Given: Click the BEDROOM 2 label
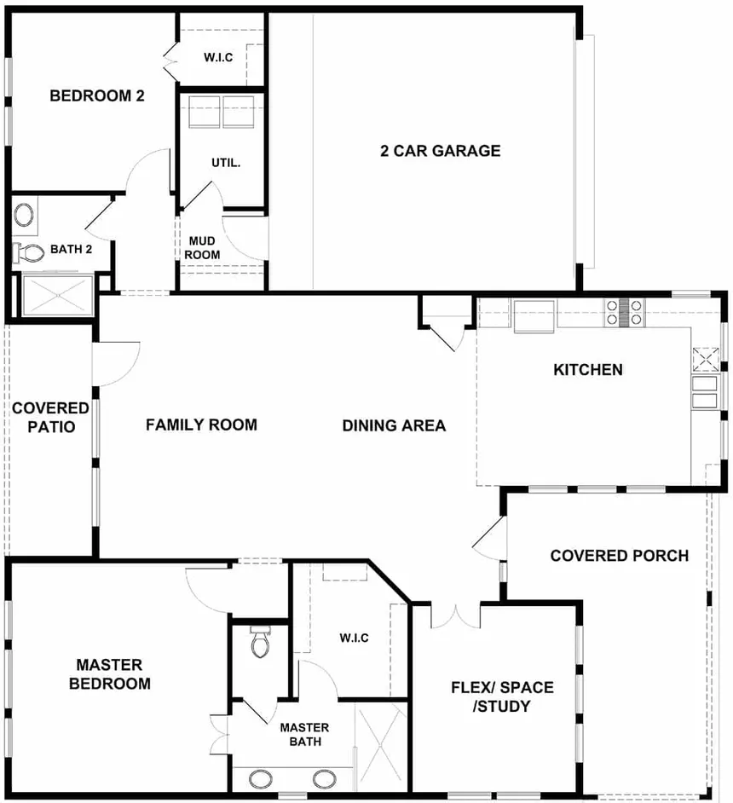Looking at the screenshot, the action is [97, 95].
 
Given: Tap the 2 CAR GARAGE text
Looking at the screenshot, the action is [440, 151].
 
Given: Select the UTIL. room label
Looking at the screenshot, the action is [226, 163].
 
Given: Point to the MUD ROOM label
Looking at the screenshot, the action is [202, 248].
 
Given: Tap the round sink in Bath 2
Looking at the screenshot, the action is [24, 215].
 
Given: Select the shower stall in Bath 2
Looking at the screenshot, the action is [57, 295].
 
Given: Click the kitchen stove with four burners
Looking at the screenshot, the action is [623, 313].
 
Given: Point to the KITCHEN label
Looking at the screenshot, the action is [588, 370].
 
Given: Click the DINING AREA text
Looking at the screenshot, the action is [394, 425].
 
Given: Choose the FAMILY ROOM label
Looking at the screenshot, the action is [201, 425].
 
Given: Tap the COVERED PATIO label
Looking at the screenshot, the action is [50, 418].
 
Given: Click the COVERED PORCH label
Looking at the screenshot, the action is [620, 556].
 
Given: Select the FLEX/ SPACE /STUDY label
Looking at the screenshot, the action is [502, 696].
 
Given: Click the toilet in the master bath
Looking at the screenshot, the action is [260, 641].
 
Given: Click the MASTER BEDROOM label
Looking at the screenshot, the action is [110, 674].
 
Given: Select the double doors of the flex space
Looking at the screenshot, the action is [455, 616].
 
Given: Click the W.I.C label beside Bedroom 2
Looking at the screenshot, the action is [218, 57].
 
